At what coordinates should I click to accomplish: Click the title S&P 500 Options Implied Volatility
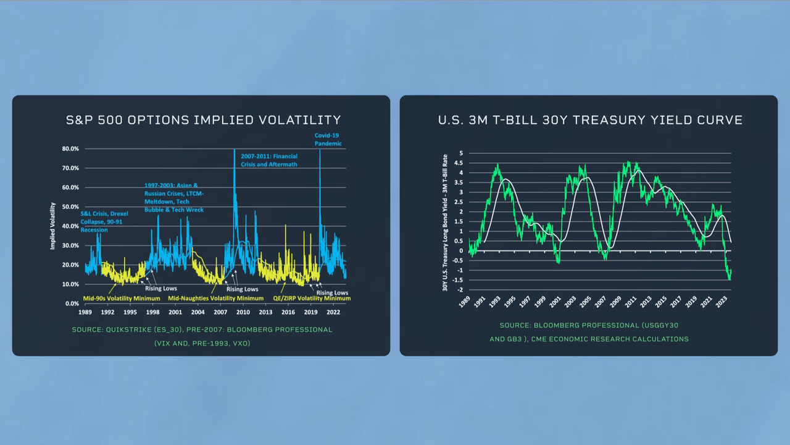tap(203, 120)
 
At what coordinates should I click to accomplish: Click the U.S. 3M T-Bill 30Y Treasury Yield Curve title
tap(590, 120)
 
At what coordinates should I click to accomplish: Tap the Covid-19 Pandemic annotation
tap(328, 139)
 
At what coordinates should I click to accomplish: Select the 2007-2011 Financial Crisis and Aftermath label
tap(269, 161)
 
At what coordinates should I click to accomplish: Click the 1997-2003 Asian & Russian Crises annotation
tap(173, 197)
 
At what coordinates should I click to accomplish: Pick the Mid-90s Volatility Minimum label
tap(121, 298)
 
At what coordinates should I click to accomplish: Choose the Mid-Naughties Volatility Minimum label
tap(215, 298)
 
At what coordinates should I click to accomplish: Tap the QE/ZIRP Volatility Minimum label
tap(312, 298)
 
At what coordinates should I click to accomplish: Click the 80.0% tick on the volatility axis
tap(70, 149)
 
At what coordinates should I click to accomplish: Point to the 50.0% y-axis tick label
tap(70, 207)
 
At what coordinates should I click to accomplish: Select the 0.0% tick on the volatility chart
tap(72, 303)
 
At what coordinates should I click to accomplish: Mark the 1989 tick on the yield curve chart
tap(464, 303)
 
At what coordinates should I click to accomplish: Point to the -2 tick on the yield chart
tap(460, 290)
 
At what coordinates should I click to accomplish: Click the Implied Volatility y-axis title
tap(53, 226)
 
